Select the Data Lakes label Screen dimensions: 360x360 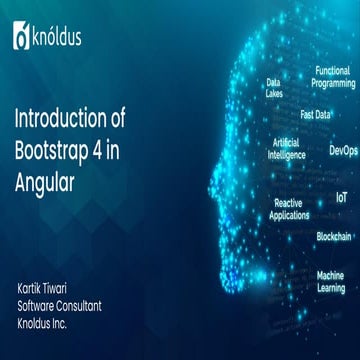coord(273,87)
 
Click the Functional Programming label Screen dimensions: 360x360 coord(332,77)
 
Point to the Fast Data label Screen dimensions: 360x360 coord(316,114)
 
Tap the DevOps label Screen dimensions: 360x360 coord(343,151)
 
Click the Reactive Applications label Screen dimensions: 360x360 coord(289,208)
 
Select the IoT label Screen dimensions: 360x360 coord(341,198)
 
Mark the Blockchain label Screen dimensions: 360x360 coord(333,236)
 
